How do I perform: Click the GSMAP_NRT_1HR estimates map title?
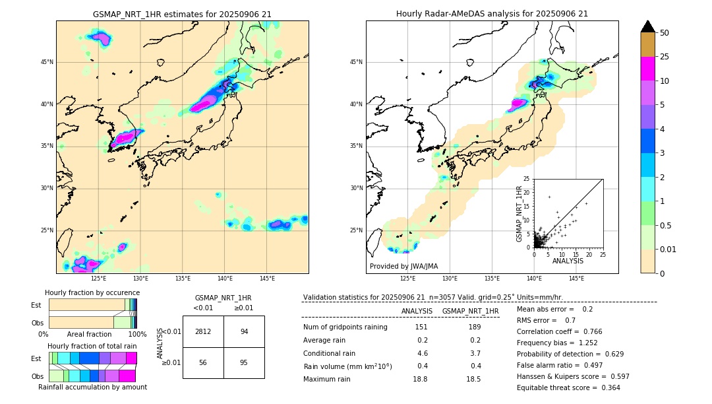182,14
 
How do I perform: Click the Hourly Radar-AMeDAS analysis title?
492,14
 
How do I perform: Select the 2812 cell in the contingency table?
203,331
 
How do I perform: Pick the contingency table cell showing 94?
244,331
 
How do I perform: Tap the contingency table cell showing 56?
203,363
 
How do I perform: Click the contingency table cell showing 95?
244,363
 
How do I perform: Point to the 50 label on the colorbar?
665,32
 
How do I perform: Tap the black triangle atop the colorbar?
648,26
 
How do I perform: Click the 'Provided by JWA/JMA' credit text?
403,267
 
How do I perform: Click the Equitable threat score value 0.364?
607,387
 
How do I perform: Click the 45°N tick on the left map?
47,62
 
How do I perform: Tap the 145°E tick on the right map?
576,279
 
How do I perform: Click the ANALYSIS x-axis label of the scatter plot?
568,261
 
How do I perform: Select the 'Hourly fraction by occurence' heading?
92,293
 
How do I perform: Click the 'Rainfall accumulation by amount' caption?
92,387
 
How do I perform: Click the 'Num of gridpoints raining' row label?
345,327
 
